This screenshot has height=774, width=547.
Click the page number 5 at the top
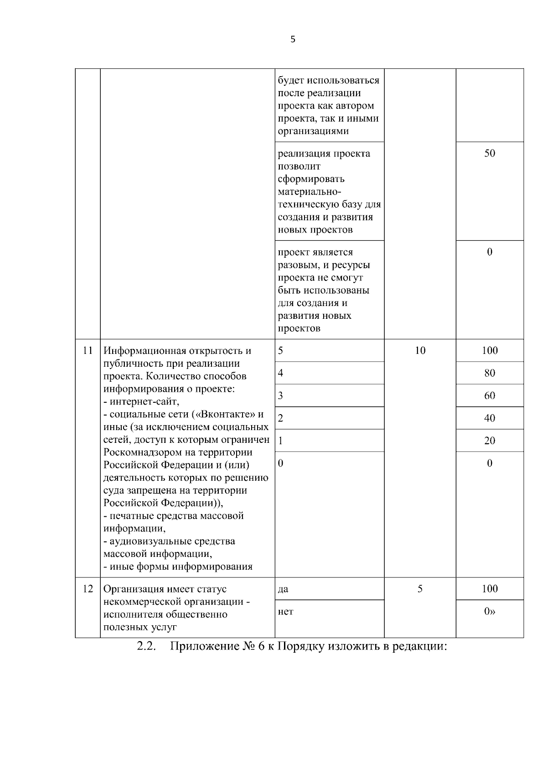coord(293,40)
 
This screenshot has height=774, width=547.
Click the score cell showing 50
coord(490,153)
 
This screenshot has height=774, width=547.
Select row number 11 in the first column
coord(88,351)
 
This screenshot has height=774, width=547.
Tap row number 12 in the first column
coord(88,589)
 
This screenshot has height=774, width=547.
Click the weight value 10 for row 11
coord(420,351)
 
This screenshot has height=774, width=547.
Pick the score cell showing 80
coord(490,373)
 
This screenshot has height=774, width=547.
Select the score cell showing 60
coord(490,395)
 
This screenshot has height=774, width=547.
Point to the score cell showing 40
coord(490,418)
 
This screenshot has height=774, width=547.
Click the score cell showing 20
coord(490,441)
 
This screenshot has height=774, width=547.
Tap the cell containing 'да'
coord(283,589)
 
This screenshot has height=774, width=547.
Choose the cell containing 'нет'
coord(285,612)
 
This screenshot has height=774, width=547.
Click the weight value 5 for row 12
coord(420,589)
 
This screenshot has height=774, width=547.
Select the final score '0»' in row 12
coord(490,612)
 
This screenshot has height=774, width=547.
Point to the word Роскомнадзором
coord(143,452)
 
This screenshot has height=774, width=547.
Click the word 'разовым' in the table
coord(296,265)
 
